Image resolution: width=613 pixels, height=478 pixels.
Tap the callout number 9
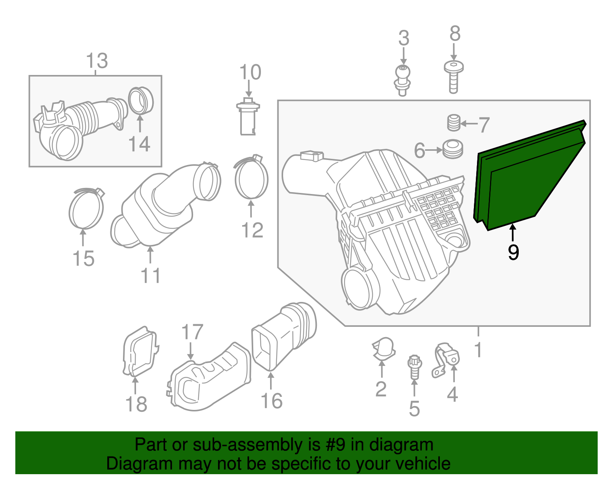513,253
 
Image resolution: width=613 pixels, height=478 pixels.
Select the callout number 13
97,61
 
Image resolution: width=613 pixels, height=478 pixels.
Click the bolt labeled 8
454,77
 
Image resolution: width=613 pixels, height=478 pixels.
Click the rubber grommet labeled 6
453,149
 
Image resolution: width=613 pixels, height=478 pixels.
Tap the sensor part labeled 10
247,117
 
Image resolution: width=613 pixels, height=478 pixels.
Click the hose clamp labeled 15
86,209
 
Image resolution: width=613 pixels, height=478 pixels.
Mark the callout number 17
192,332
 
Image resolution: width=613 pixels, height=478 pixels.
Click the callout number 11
151,276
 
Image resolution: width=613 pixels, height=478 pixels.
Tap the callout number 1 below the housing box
478,349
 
